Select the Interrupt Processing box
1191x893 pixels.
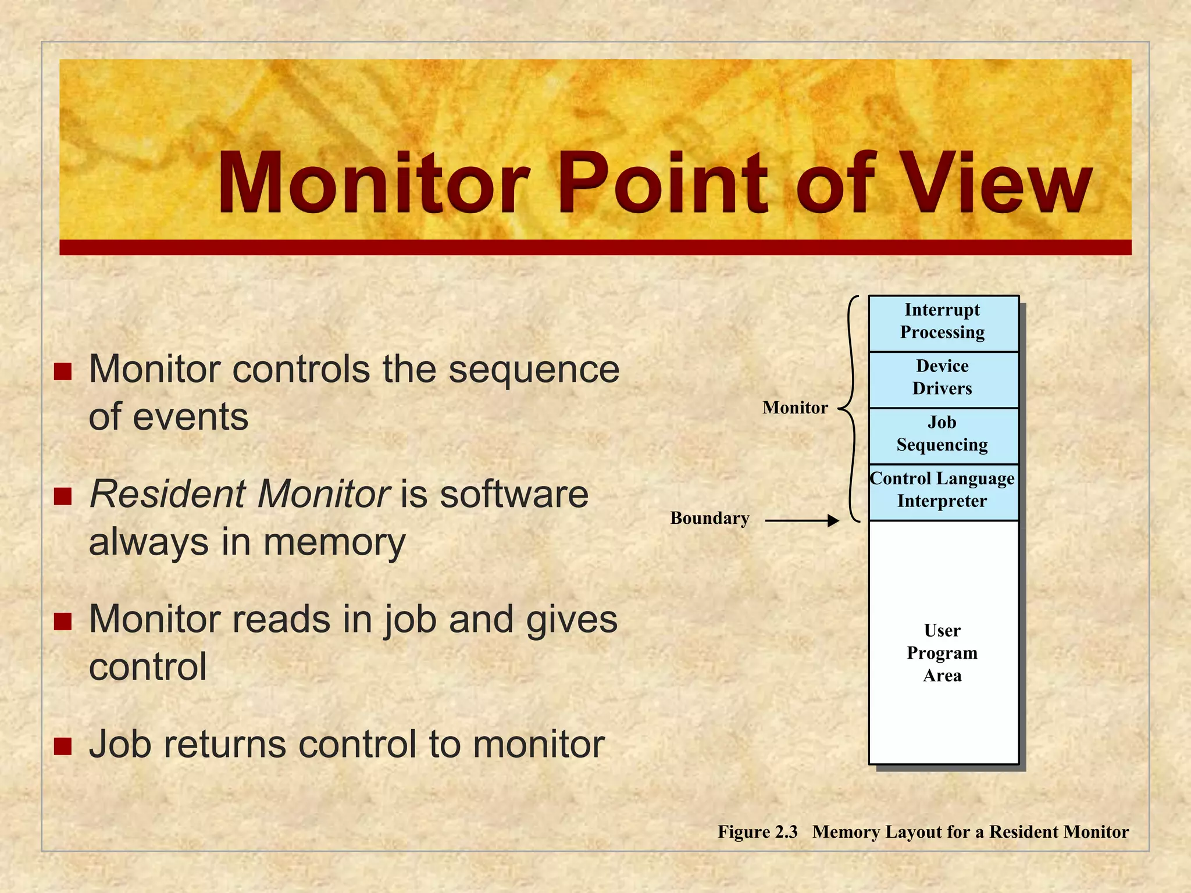coord(943,323)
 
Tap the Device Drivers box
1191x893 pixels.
coord(943,378)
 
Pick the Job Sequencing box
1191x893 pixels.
coord(943,435)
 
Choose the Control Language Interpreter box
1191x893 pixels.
coord(943,491)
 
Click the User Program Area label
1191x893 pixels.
coord(943,653)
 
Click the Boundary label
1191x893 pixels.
coord(709,518)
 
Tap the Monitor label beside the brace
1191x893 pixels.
coord(794,408)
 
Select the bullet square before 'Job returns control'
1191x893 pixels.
coord(62,746)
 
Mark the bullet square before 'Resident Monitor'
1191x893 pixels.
coord(62,496)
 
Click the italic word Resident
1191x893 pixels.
coord(168,495)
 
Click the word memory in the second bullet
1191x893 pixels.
coord(334,543)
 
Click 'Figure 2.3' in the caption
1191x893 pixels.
coord(757,832)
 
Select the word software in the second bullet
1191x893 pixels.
coord(514,495)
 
